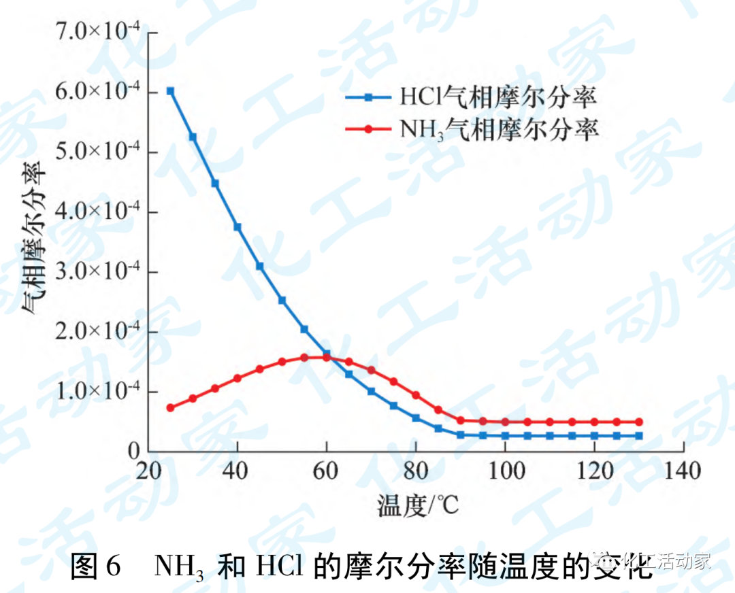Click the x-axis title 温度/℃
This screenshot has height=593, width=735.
click(x=417, y=504)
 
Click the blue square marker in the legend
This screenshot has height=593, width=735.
click(x=369, y=98)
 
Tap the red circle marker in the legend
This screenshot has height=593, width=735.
click(x=369, y=129)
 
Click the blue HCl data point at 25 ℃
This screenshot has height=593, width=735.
click(x=170, y=91)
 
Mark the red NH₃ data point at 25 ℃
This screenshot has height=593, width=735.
click(x=170, y=408)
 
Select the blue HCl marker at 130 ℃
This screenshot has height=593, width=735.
click(x=639, y=436)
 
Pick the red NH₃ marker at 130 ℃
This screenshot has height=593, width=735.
click(x=639, y=422)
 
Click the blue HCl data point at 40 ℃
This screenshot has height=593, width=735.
click(x=238, y=226)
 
